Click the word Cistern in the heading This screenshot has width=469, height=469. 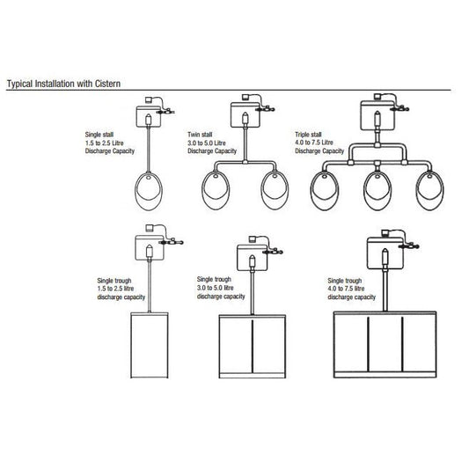tap(107, 84)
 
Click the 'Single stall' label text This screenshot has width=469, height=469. tap(99, 135)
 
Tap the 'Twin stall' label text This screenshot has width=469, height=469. tap(200, 135)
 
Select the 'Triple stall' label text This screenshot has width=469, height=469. tap(308, 135)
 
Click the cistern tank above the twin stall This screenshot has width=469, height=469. tap(245, 115)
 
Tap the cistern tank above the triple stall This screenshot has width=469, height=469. tap(377, 115)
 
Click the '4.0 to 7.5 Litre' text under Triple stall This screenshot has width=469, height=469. tap(314, 143)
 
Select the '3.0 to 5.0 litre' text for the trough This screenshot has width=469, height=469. tap(215, 288)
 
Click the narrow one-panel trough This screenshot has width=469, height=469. tap(150, 345)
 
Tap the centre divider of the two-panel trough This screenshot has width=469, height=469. tap(253, 347)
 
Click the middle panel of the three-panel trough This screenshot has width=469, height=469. tap(385, 344)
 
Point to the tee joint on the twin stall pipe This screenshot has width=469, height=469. tap(245, 163)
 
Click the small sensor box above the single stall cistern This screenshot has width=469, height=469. tap(149, 100)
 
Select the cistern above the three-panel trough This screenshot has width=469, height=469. tap(385, 253)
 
